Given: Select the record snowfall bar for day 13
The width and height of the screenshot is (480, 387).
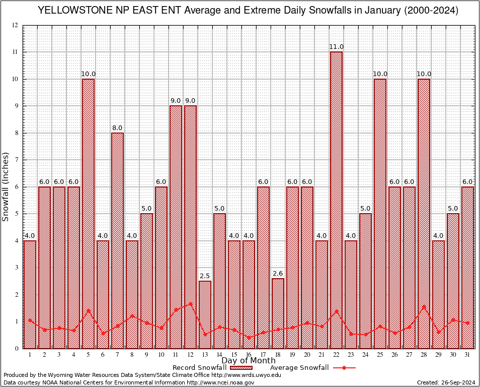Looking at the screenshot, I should [205, 314].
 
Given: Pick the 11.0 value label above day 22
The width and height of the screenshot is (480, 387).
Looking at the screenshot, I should [336, 47].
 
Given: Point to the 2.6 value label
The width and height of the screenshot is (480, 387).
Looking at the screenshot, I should [278, 274].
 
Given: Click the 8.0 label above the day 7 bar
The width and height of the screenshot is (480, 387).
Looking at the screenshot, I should [117, 128].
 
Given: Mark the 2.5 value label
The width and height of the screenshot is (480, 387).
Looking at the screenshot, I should [205, 276].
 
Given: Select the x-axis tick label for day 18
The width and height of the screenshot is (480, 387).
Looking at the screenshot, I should [278, 355].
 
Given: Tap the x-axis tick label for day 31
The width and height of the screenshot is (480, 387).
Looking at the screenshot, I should [467, 355].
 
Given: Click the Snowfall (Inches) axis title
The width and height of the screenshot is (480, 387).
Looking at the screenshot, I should [6, 186].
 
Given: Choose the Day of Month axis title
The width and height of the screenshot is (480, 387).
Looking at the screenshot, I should [248, 361].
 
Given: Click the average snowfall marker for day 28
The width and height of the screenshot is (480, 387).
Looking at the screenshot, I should [424, 306].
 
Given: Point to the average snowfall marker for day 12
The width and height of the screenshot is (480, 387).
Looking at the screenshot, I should [190, 304].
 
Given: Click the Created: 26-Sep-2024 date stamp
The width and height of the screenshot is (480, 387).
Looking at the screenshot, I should [446, 382].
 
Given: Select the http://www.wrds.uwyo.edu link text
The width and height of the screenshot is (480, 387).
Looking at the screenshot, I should [246, 375].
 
